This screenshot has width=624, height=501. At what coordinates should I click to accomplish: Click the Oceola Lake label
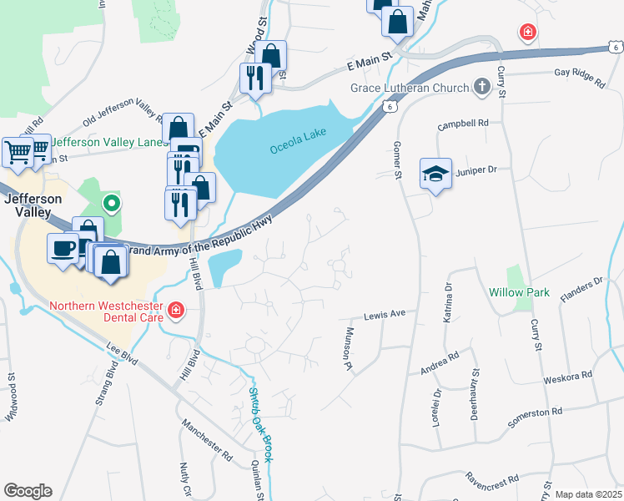297,142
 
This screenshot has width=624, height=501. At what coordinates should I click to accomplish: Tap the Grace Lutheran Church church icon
481,85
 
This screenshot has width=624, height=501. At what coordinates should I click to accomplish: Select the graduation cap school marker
435,174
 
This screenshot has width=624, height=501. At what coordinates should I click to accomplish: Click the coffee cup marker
63,248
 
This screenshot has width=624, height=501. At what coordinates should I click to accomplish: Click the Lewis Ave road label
385,315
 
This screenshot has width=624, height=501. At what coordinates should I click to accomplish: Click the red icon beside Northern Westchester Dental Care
175,311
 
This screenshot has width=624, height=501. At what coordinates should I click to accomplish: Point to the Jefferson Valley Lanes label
105,143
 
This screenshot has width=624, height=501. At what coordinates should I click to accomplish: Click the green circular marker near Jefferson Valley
110,202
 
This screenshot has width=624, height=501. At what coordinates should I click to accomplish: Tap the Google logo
28,491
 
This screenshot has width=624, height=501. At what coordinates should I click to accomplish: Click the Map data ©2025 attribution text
588,494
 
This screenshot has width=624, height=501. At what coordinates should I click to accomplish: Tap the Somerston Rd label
535,412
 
